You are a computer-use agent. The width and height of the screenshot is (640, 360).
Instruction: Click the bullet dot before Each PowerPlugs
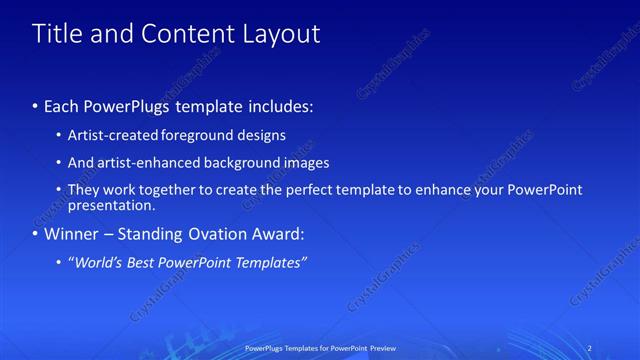tap(36, 105)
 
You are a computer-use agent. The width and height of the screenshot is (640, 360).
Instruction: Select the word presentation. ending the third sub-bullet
tap(111, 206)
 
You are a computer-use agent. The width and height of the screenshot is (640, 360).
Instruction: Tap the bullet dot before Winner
tap(36, 235)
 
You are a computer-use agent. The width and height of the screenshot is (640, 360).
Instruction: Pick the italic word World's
tap(98, 263)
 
